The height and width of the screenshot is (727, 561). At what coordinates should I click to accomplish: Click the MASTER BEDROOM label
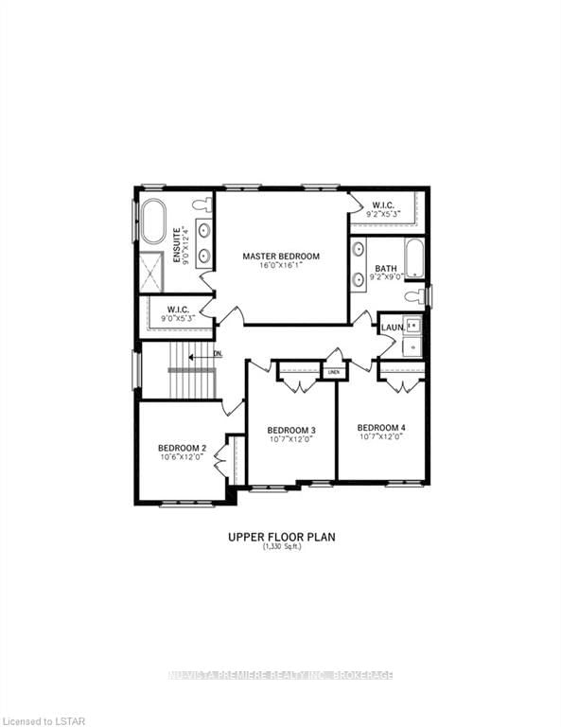point(280,257)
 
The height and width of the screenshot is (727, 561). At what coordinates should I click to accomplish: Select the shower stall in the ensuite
point(152,273)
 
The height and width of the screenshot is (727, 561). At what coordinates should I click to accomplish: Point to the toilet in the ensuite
point(201,204)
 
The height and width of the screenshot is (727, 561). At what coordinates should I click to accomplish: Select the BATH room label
point(385,269)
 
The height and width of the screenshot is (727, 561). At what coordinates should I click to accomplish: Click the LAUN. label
point(393,328)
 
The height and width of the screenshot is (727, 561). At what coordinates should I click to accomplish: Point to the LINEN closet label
point(333,372)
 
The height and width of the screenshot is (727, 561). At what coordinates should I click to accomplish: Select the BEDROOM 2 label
point(182,448)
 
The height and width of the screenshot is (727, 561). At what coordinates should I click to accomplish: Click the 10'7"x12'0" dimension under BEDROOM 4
point(381,437)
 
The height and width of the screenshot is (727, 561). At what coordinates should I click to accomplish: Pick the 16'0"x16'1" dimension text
point(280,266)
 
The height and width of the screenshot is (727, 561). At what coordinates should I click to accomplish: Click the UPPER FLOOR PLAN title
point(281,537)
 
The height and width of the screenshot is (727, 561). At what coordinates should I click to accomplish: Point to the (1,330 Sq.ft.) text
point(281,548)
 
